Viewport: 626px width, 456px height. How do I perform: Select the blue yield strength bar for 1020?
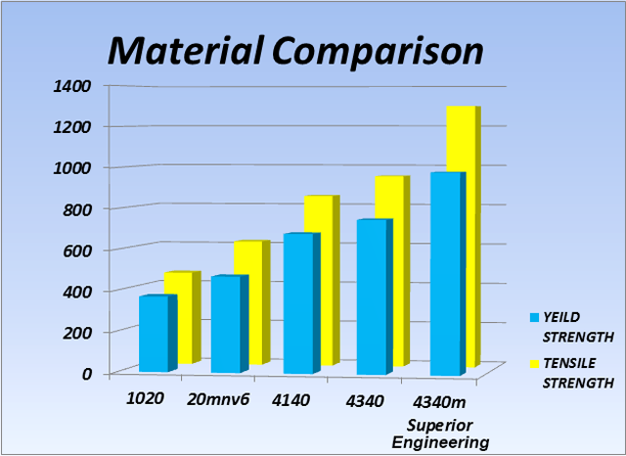click(x=155, y=333)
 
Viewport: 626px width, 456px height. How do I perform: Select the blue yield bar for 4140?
click(x=298, y=303)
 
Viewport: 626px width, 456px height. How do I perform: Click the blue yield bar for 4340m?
click(x=444, y=274)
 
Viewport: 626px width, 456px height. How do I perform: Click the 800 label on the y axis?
click(x=76, y=208)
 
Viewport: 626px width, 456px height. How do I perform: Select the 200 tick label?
click(x=76, y=332)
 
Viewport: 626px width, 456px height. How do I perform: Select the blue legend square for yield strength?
click(x=533, y=317)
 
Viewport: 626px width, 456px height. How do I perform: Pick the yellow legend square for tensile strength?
click(x=533, y=364)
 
